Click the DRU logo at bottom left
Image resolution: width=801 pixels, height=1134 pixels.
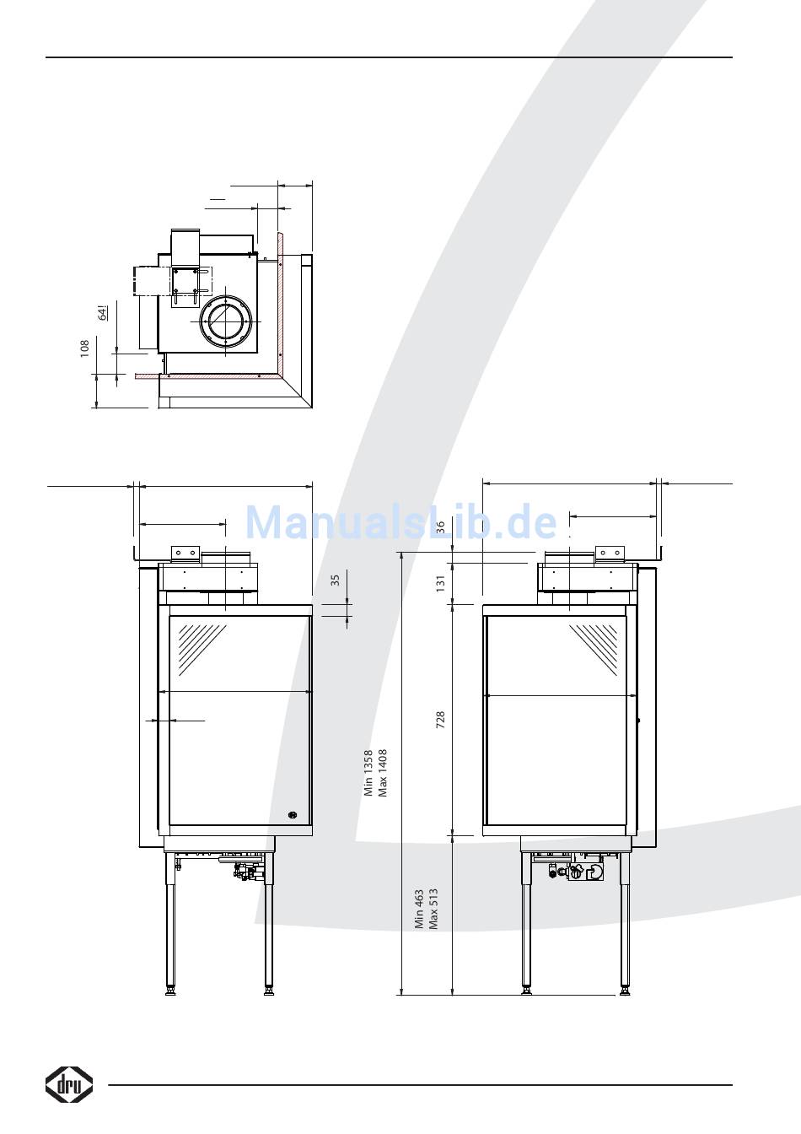[69, 1084]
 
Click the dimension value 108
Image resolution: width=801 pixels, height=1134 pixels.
[84, 348]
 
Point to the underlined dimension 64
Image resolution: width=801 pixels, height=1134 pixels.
[103, 313]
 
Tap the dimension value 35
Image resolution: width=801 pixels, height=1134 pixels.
[335, 580]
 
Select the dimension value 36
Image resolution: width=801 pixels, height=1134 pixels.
[441, 527]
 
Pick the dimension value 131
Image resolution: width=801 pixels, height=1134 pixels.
[441, 583]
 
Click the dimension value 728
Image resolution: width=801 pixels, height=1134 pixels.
[441, 720]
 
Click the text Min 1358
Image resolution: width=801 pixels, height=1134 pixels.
[368, 773]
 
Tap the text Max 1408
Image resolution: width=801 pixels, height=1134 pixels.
[383, 773]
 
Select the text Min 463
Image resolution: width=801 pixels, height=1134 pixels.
[419, 910]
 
